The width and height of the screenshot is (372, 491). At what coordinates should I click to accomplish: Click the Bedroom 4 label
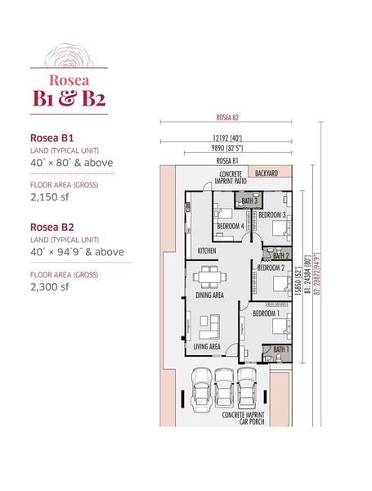click(x=231, y=226)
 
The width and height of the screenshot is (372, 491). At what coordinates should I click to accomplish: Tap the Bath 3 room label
click(x=249, y=200)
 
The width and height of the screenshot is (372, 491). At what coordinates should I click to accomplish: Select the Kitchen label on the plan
click(x=207, y=250)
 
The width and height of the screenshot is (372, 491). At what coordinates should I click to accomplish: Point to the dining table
click(x=209, y=277)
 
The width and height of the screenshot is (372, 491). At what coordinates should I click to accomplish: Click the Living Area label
click(x=207, y=346)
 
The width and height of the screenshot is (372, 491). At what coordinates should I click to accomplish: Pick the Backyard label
click(x=267, y=173)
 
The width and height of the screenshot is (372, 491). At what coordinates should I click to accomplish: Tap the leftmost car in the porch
click(x=202, y=390)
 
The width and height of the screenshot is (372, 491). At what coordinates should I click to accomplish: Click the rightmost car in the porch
click(x=247, y=387)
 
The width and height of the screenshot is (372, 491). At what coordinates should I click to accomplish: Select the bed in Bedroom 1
click(x=281, y=326)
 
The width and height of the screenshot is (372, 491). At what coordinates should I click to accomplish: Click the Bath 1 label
click(x=281, y=349)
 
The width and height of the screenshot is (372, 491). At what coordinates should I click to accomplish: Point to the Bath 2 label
click(x=280, y=255)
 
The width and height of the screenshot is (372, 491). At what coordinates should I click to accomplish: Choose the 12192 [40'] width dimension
click(x=227, y=137)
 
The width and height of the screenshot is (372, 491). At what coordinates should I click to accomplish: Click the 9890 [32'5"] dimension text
click(x=227, y=148)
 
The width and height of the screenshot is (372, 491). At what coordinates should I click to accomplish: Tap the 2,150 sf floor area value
click(x=49, y=197)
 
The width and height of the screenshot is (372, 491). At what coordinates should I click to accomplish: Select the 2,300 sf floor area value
click(x=49, y=287)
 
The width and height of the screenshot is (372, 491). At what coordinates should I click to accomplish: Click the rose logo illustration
click(x=69, y=56)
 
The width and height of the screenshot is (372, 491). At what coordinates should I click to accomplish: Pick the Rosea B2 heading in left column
click(x=52, y=227)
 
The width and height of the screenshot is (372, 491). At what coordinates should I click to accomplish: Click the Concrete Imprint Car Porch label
click(x=243, y=418)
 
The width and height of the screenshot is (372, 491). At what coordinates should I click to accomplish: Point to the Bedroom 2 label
click(x=271, y=268)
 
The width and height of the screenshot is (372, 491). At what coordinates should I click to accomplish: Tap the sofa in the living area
click(x=209, y=327)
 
